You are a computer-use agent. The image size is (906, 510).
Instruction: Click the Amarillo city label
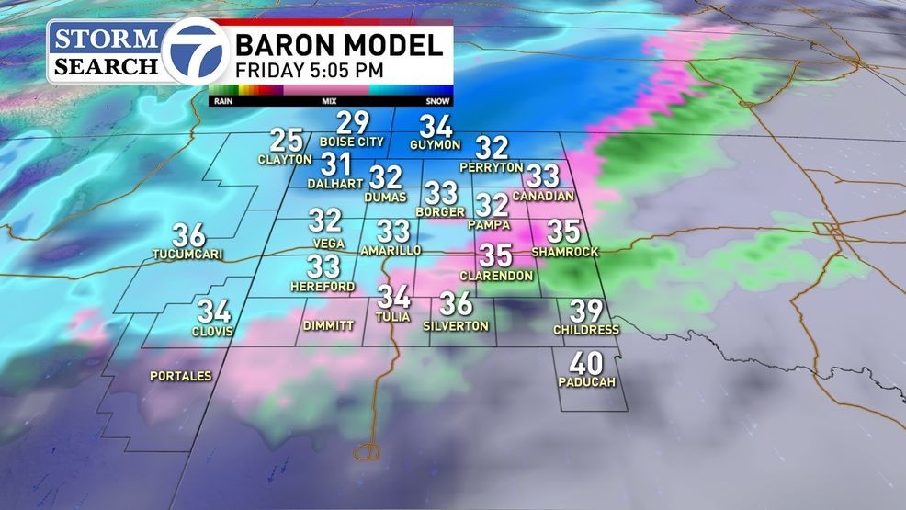391,250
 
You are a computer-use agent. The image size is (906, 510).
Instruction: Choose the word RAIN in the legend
221,101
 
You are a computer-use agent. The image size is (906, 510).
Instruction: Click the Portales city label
181,376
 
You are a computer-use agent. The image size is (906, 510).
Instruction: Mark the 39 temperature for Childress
586,311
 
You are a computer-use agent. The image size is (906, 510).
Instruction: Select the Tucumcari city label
189,254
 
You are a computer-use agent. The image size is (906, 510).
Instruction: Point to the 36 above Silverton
456,303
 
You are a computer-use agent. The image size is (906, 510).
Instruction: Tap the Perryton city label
492,167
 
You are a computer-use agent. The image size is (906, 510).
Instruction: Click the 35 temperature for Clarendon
496,254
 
